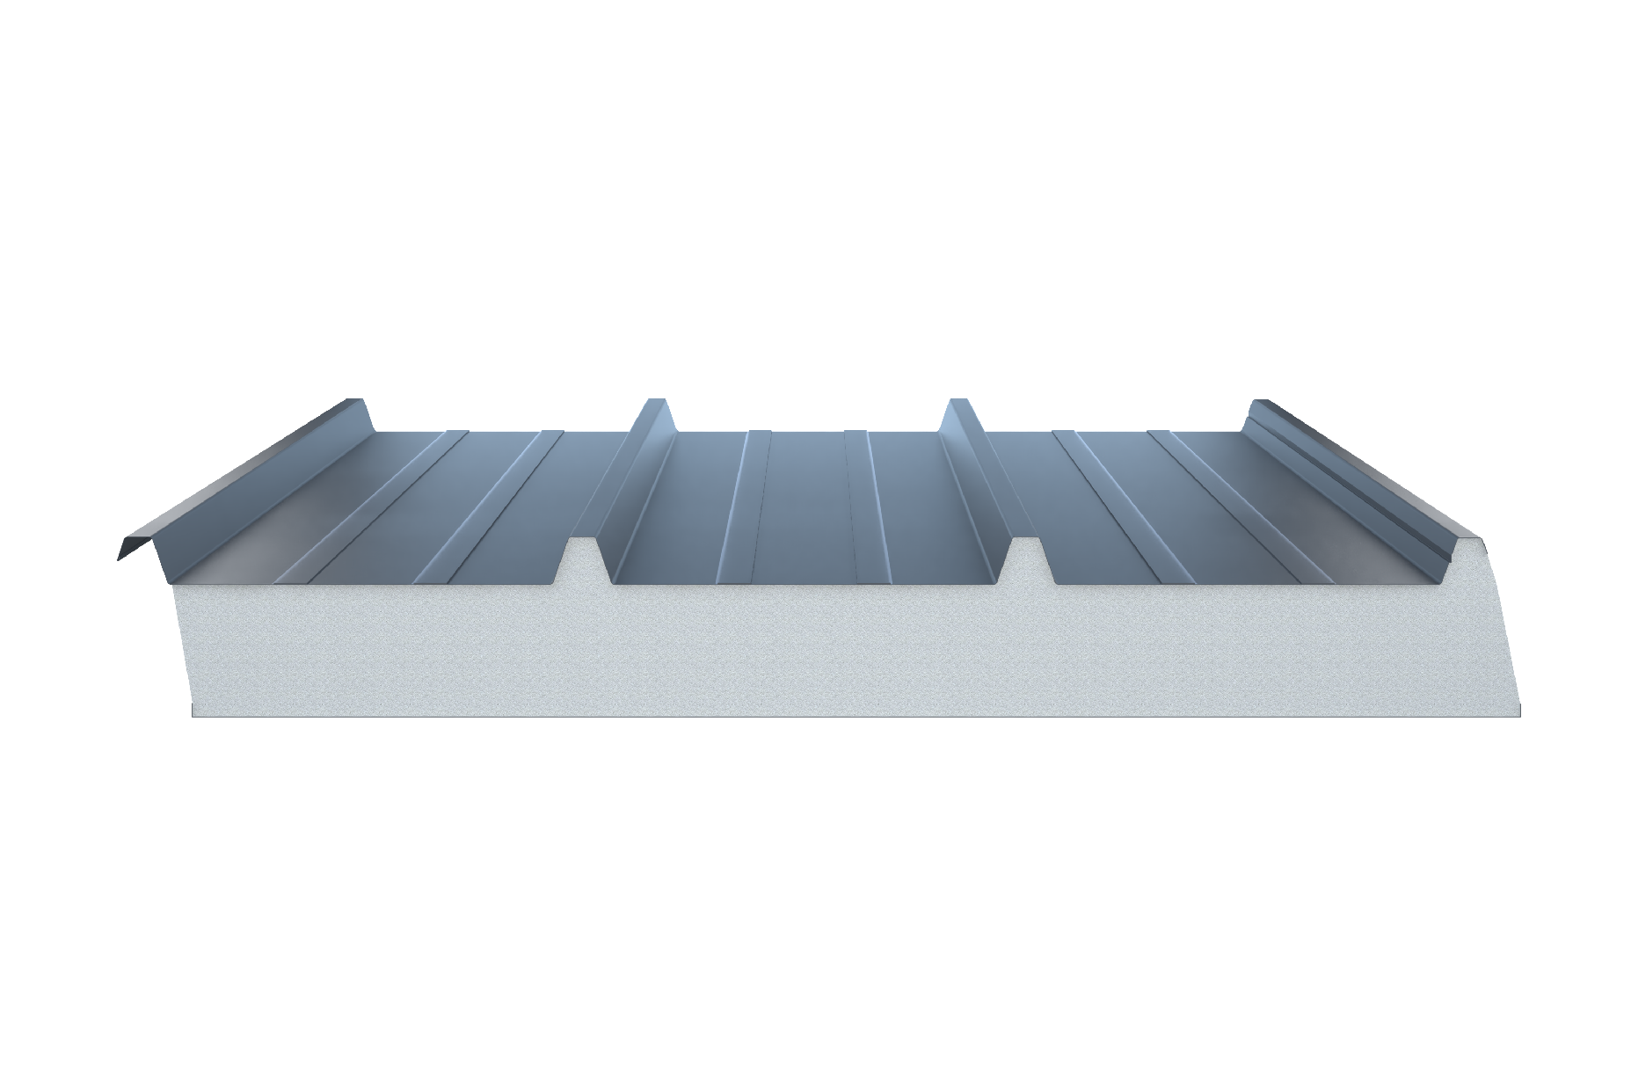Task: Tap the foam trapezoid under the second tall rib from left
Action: pos(587,558)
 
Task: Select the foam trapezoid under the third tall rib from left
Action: pos(1028,558)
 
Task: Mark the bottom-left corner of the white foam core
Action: pos(193,714)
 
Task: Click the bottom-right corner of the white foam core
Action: pos(1518,714)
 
